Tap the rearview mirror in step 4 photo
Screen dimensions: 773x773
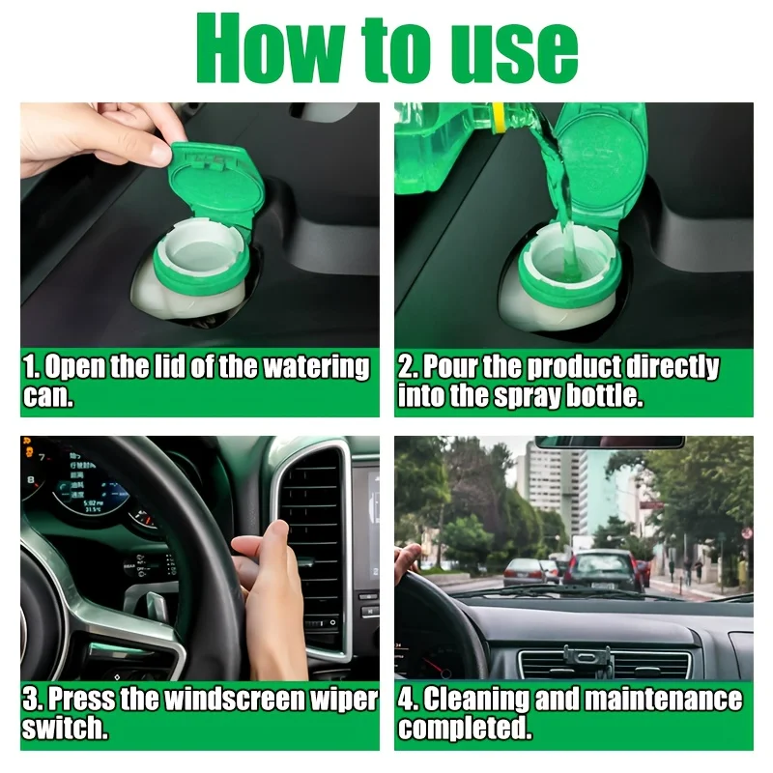click(x=609, y=443)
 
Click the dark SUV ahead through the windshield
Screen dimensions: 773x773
click(x=601, y=570)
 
